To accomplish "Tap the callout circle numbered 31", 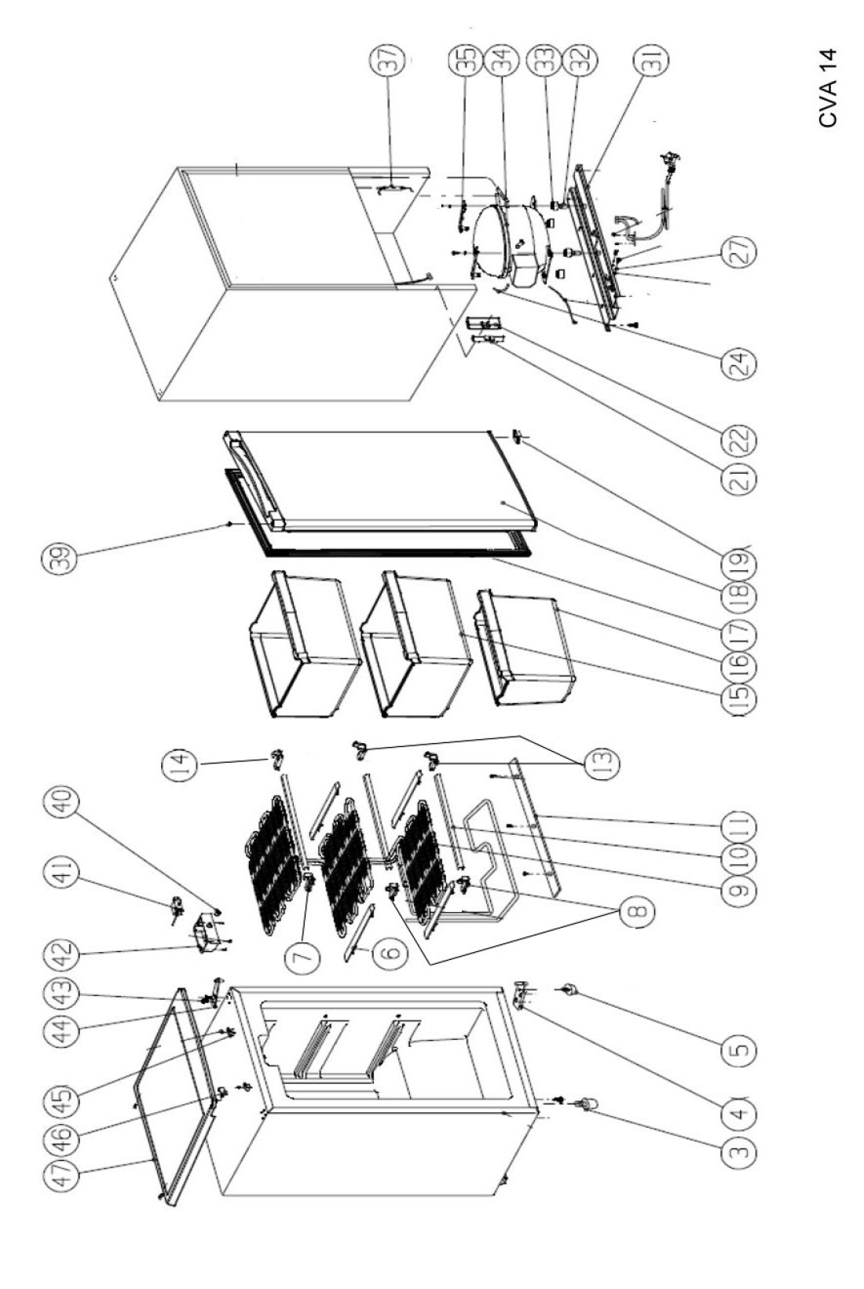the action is [x=656, y=59].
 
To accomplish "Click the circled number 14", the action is [x=179, y=767].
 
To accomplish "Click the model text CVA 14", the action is [x=828, y=87].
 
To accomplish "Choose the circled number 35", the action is [x=467, y=59].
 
